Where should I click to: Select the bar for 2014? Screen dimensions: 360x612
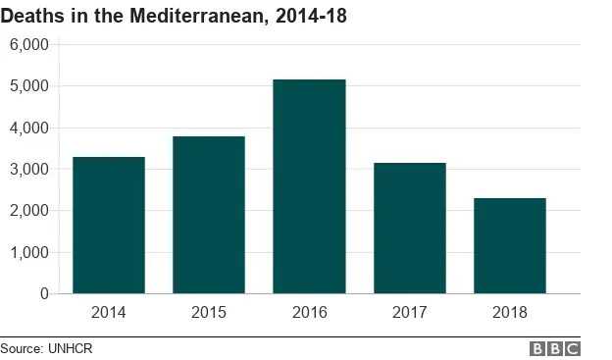(108, 226)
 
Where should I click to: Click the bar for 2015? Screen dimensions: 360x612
(209, 215)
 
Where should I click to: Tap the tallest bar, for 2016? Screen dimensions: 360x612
(309, 186)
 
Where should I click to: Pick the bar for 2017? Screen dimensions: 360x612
(409, 229)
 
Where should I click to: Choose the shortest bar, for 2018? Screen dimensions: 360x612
(510, 246)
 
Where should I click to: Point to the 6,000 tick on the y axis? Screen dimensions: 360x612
(28, 45)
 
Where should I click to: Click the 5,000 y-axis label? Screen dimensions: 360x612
(28, 86)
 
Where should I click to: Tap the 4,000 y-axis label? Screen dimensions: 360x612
(28, 128)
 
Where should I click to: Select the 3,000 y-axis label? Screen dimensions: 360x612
(28, 170)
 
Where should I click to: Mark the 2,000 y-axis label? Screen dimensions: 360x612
(28, 211)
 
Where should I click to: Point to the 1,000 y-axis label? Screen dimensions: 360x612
(28, 252)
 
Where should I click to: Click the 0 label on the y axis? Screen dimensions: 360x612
(43, 293)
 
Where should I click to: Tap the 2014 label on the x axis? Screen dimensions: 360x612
(108, 313)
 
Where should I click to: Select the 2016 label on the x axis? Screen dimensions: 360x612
(309, 313)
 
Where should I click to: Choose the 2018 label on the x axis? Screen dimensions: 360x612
(510, 313)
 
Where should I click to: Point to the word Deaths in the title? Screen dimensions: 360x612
(32, 16)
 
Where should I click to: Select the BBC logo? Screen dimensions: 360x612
(555, 348)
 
